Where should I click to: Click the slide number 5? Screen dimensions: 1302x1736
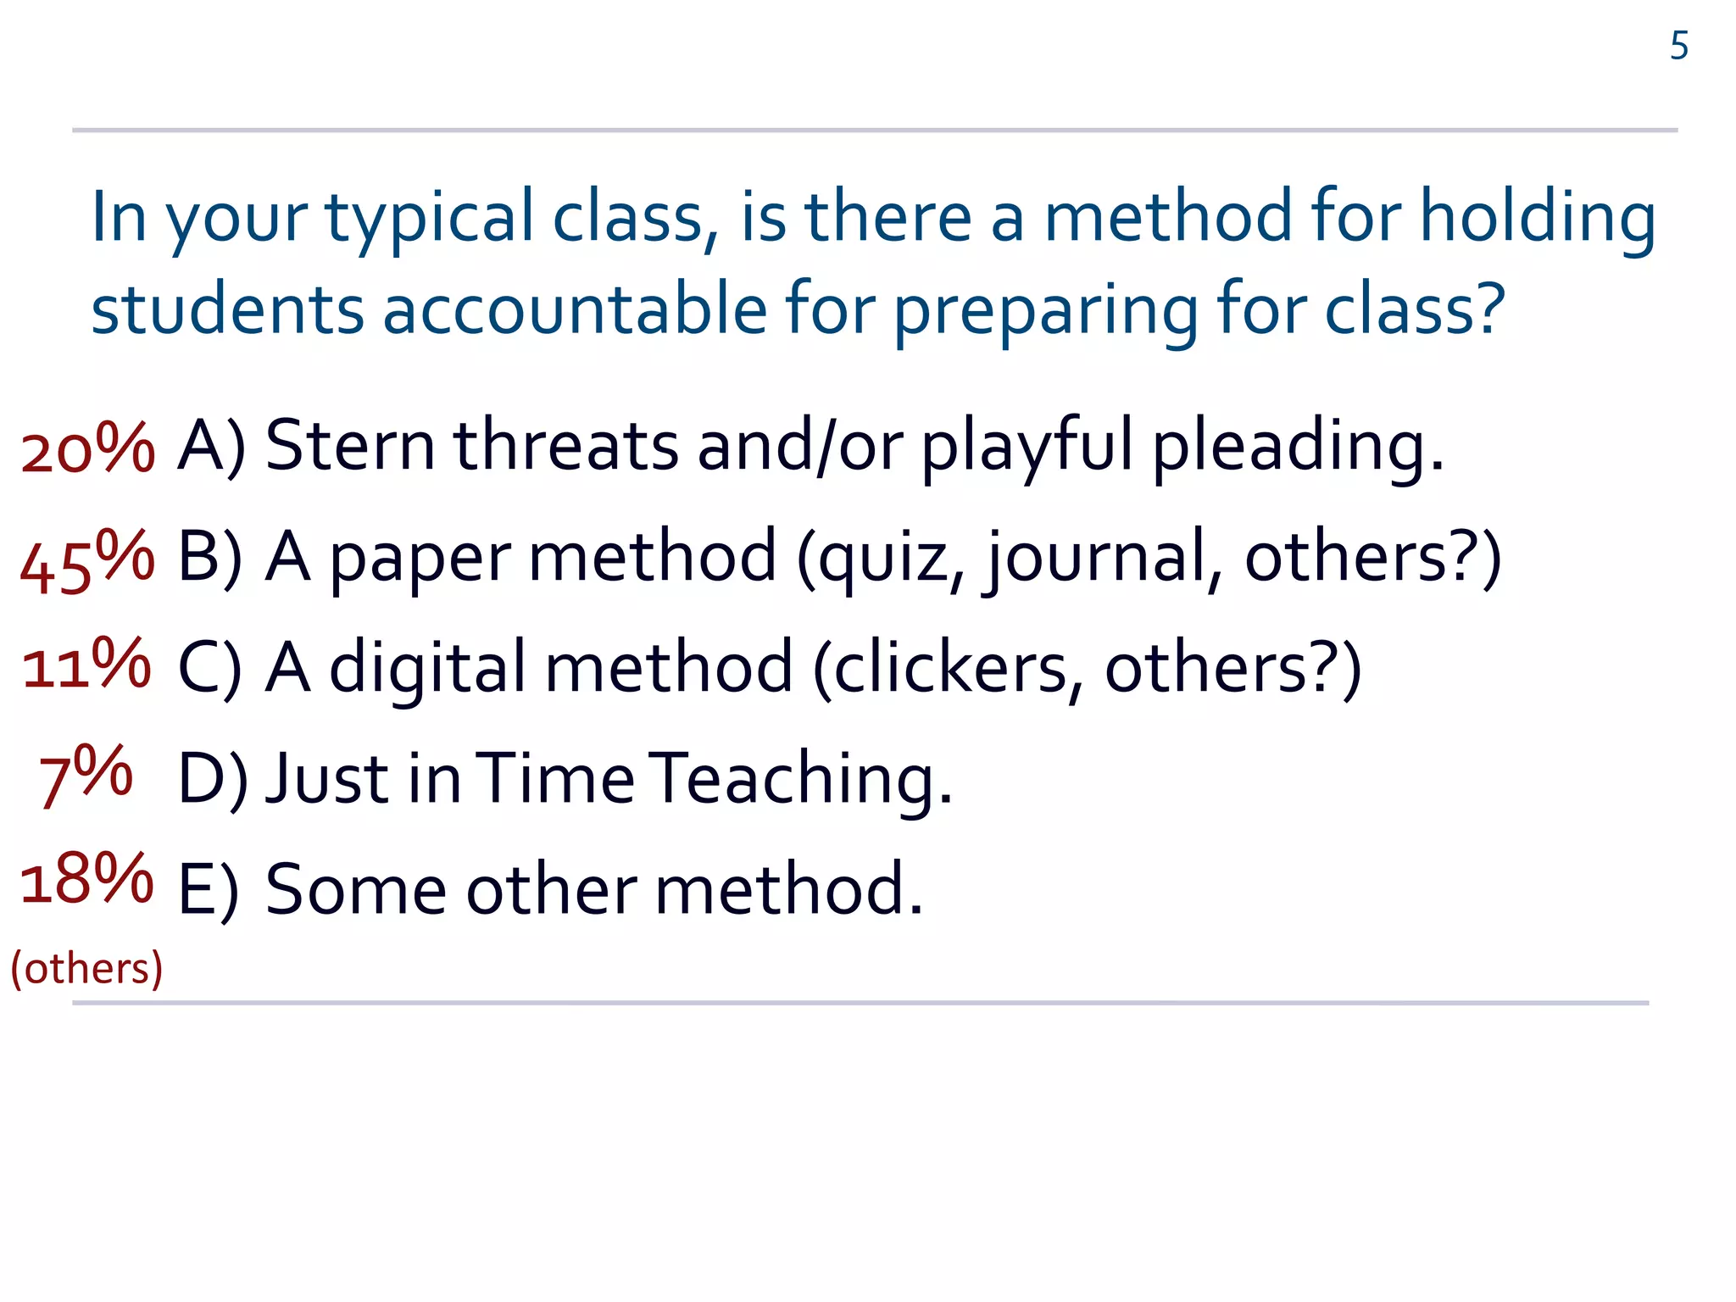pos(1678,46)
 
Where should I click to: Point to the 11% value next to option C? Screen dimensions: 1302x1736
pos(87,665)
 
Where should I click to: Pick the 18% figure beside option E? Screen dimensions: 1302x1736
pos(87,880)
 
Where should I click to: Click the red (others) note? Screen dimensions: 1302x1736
pos(86,968)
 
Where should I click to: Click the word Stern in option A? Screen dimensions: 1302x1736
pos(350,446)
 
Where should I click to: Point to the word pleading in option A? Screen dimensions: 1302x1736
pos(1296,448)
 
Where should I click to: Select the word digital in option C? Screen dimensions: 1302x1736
pos(427,668)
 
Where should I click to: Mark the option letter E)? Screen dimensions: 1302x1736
pos(209,890)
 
